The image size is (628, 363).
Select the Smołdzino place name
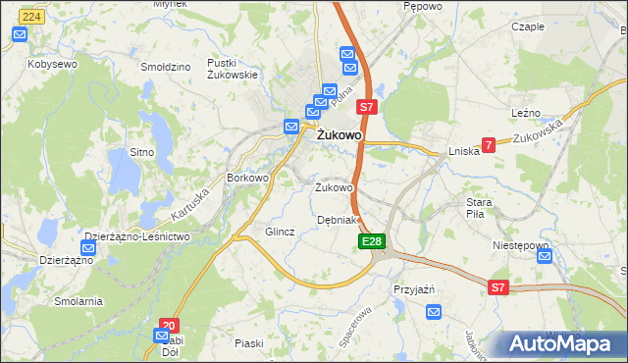pyautogui.click(x=165, y=68)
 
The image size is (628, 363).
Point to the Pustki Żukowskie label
pyautogui.click(x=232, y=68)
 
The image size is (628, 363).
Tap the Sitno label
pyautogui.click(x=142, y=153)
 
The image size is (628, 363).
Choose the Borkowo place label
pyautogui.click(x=247, y=178)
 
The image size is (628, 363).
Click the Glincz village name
pyautogui.click(x=280, y=232)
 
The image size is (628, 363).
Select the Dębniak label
pyautogui.click(x=340, y=220)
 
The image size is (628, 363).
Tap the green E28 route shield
pyautogui.click(x=371, y=241)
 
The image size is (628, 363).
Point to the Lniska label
pyautogui.click(x=463, y=151)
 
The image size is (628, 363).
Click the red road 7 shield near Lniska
pyautogui.click(x=488, y=145)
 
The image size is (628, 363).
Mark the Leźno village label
pyautogui.click(x=527, y=114)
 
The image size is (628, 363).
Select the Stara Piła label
pyautogui.click(x=485, y=208)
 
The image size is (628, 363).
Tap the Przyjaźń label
pyautogui.click(x=413, y=290)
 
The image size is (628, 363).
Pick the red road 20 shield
pyautogui.click(x=169, y=325)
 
